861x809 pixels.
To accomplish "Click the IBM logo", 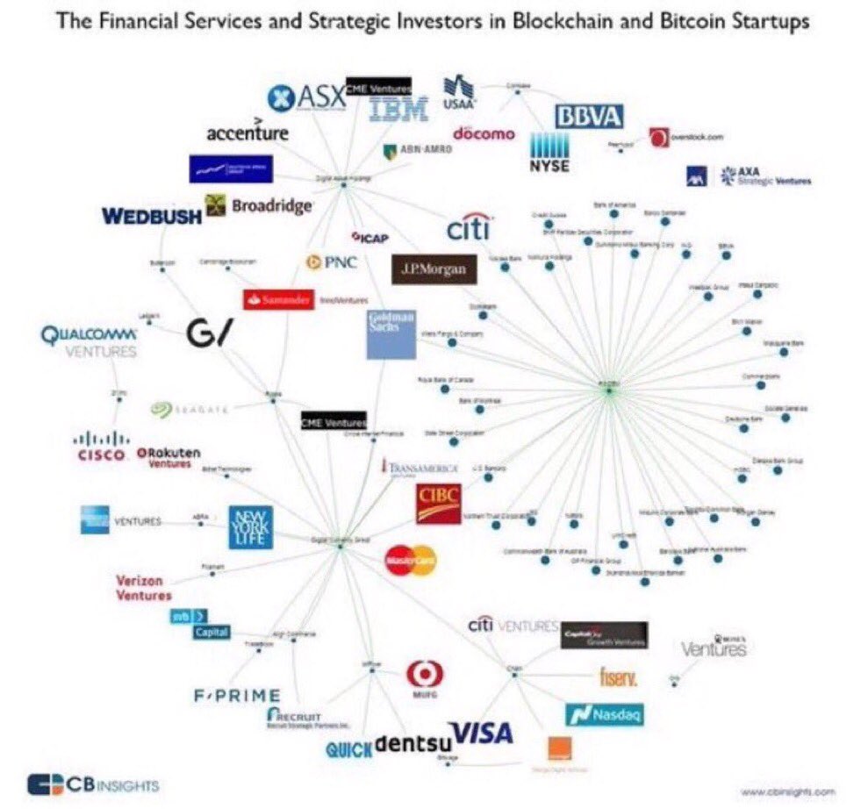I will (x=398, y=110).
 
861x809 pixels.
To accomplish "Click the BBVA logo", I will (x=588, y=116).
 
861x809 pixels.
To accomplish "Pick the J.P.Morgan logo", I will (x=434, y=268).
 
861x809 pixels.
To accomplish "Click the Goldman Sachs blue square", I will (x=391, y=333).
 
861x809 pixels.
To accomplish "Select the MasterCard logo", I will (x=410, y=561).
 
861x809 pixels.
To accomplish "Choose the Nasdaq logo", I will (x=605, y=714).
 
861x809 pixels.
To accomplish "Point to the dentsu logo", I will (x=411, y=745).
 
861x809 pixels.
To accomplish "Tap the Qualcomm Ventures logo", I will (x=90, y=342).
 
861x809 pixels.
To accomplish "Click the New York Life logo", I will (x=251, y=526).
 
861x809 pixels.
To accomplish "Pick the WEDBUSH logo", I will (x=151, y=215).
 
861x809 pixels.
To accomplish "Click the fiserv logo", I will (x=618, y=677).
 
